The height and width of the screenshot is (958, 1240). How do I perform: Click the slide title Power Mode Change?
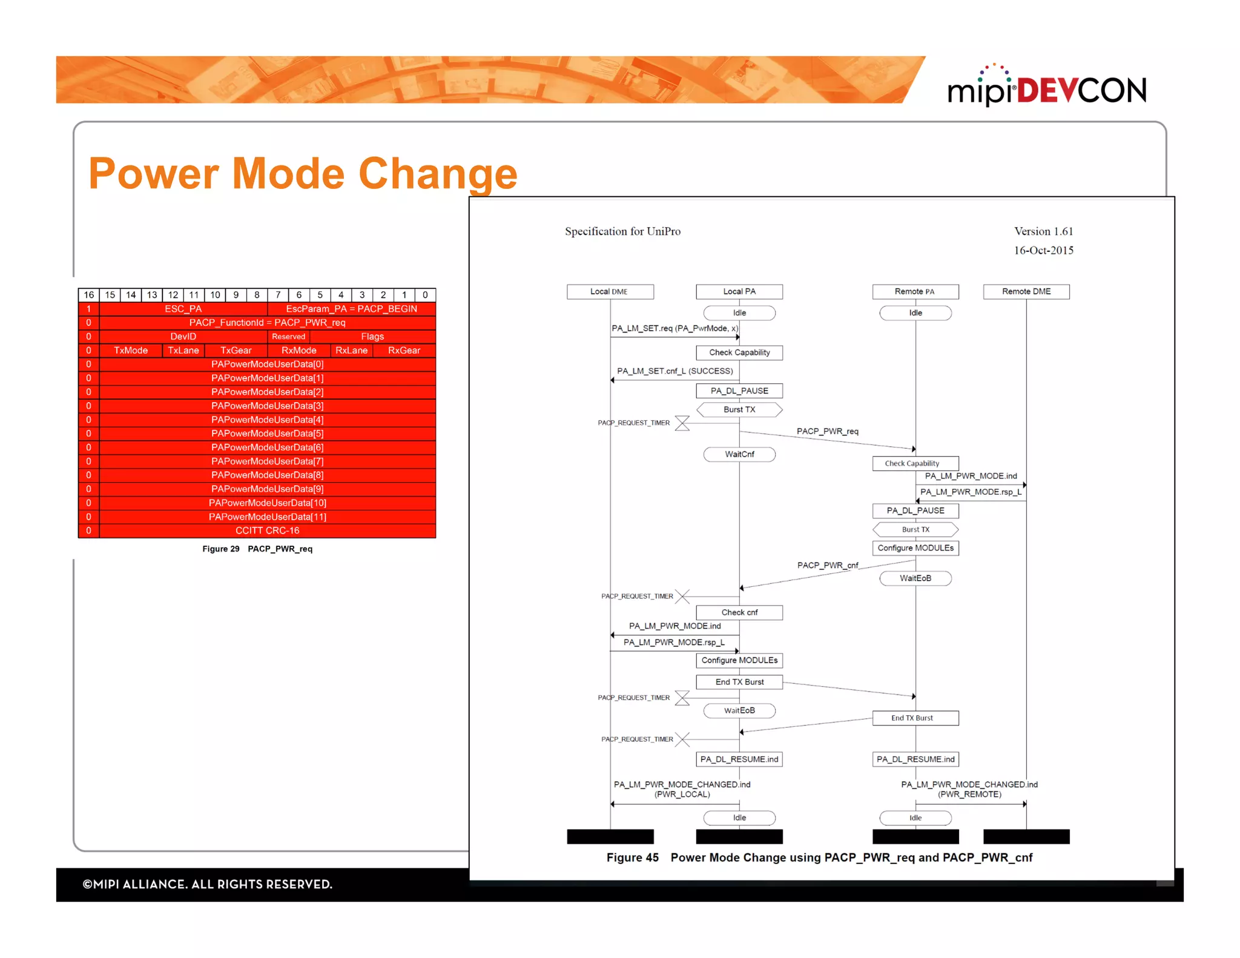tap(303, 174)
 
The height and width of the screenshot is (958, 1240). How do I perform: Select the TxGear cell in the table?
tap(236, 351)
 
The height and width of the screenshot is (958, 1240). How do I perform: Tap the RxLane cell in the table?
tap(351, 351)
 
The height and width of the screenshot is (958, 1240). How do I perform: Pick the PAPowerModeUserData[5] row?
tap(267, 434)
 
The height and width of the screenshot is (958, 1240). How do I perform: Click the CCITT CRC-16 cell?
tap(267, 530)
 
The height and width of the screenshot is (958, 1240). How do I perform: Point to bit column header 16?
tap(88, 295)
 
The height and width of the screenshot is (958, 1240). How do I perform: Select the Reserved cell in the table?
tap(288, 337)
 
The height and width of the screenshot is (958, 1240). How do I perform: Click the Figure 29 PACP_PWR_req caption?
tap(257, 549)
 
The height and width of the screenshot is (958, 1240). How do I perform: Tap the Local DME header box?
tap(610, 292)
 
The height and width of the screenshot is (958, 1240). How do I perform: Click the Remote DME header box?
tap(1026, 292)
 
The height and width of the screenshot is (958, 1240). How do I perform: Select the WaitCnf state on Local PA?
tap(739, 454)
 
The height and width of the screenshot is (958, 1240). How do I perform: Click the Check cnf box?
tap(739, 613)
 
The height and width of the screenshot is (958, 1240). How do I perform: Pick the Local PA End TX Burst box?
tap(739, 682)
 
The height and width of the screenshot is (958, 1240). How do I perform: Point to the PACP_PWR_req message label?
tap(827, 431)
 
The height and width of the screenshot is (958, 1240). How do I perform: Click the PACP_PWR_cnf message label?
tap(827, 566)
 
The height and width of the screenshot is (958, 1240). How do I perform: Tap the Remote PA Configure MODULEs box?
tap(915, 548)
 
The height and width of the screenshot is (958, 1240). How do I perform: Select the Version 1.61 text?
tap(1043, 231)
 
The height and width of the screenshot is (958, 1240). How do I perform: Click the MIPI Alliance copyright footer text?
tap(207, 884)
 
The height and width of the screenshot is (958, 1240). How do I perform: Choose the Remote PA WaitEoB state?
tap(915, 578)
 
